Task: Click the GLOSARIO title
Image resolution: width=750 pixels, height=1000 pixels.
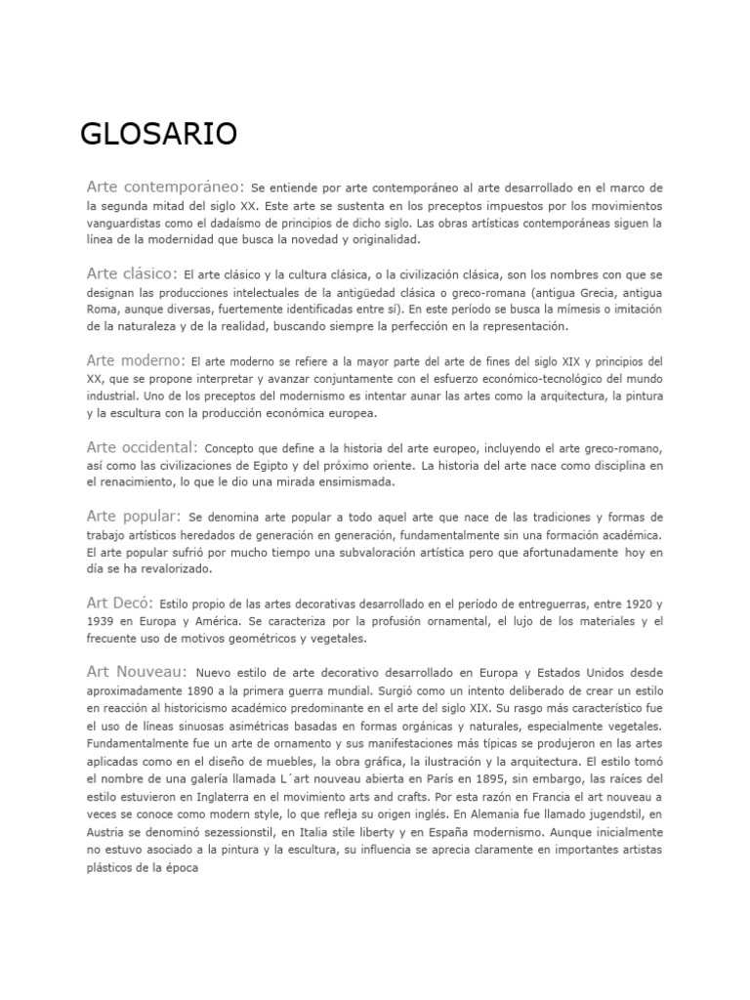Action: [159, 133]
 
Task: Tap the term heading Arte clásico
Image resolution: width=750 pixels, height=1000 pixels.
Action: [132, 272]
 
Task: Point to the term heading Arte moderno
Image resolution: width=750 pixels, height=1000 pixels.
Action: [136, 360]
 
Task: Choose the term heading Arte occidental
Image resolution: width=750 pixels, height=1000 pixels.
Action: [142, 447]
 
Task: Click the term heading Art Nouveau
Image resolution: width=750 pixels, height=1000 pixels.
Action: [136, 672]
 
